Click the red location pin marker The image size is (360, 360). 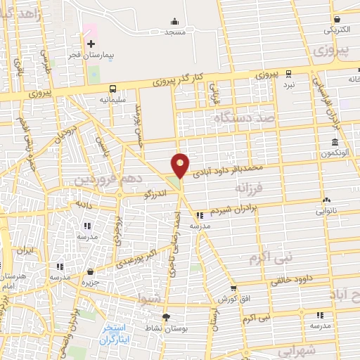(181, 165)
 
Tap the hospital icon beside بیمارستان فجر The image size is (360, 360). (90, 44)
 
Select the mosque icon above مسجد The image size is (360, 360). (175, 22)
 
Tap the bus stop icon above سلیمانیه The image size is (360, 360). (112, 89)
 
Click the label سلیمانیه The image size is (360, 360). (112, 100)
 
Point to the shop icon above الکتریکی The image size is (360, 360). (337, 20)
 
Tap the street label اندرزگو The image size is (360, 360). (156, 192)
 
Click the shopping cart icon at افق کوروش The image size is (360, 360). (233, 288)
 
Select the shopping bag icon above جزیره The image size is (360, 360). (90, 271)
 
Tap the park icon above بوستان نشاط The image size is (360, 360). (166, 318)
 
